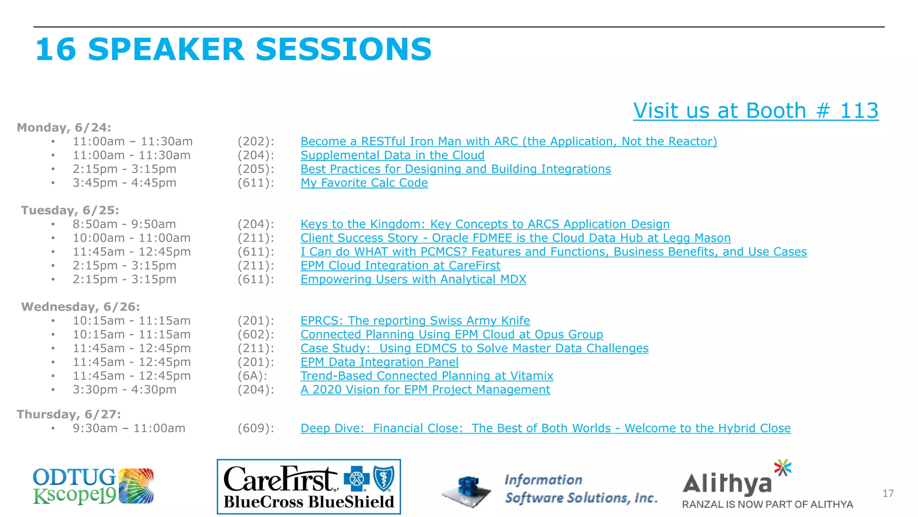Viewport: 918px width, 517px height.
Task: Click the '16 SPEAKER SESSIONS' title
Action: [233, 49]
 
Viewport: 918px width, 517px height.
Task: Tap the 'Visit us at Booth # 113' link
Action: [755, 111]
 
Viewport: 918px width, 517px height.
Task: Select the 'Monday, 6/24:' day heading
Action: [64, 127]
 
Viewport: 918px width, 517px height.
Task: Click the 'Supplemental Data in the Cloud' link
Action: [392, 155]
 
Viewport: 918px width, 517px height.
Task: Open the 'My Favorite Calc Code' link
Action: [364, 183]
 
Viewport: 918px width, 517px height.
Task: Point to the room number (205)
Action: [255, 169]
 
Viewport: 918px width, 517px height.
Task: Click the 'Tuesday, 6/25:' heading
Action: [70, 210]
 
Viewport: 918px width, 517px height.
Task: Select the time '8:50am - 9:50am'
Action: [124, 224]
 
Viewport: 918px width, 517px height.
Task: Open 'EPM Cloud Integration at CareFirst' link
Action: [400, 266]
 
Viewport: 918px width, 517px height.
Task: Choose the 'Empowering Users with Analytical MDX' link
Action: [413, 280]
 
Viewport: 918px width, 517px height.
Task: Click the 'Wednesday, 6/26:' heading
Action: [80, 307]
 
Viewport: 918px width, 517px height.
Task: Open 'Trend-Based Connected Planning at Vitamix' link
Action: [427, 376]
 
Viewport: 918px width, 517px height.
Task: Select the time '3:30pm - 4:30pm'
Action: [124, 390]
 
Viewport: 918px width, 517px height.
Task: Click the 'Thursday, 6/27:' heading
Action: [69, 414]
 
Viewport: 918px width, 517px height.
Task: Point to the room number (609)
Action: [255, 429]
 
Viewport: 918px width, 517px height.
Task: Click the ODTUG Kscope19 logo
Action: [93, 486]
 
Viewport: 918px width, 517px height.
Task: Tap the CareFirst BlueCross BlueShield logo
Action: [308, 486]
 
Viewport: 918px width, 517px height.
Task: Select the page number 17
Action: [888, 494]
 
